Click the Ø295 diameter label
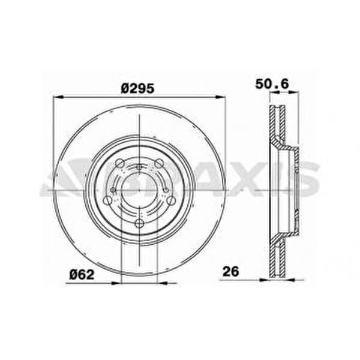tap(137, 88)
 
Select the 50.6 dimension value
tap(272, 84)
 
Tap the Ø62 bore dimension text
tap(82, 274)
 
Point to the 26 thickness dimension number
tap(231, 271)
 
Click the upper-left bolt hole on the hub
tap(119, 163)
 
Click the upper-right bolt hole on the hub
tap(158, 163)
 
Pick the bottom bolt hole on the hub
tap(139, 223)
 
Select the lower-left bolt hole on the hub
tap(107, 200)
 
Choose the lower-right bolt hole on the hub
tap(171, 200)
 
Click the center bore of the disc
tap(139, 190)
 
